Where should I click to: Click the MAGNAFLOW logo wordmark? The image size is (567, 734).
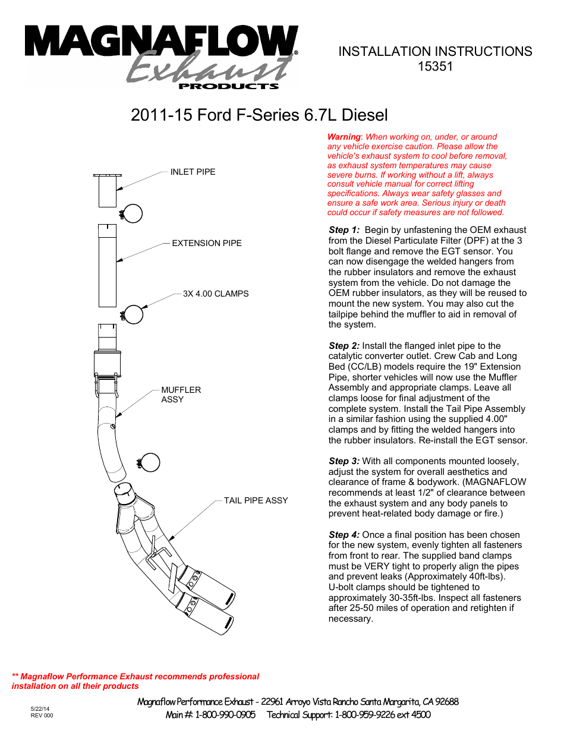(160, 42)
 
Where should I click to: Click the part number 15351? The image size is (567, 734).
(435, 67)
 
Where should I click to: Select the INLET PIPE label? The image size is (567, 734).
(193, 172)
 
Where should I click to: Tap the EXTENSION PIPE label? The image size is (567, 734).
(206, 243)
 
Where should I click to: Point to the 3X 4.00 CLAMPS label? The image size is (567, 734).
(215, 294)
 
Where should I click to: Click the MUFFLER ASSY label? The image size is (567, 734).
(181, 395)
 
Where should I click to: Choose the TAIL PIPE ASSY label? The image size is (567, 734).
(256, 500)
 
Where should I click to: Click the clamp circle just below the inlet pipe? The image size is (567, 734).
(133, 213)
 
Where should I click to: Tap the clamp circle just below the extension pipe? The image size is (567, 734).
(134, 314)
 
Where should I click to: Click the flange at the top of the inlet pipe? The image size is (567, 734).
(108, 175)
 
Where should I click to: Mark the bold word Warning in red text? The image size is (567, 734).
(344, 137)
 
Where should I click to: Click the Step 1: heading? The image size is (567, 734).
(344, 230)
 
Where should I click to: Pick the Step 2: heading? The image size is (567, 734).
(344, 346)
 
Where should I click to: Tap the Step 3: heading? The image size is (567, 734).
(344, 461)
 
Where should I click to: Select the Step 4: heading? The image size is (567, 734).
(344, 535)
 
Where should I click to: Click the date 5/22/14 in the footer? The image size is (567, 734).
(40, 709)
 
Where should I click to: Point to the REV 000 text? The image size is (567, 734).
(42, 716)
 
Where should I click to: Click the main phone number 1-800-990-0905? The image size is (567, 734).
(225, 715)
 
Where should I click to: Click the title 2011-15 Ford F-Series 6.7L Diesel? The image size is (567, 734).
(259, 115)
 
